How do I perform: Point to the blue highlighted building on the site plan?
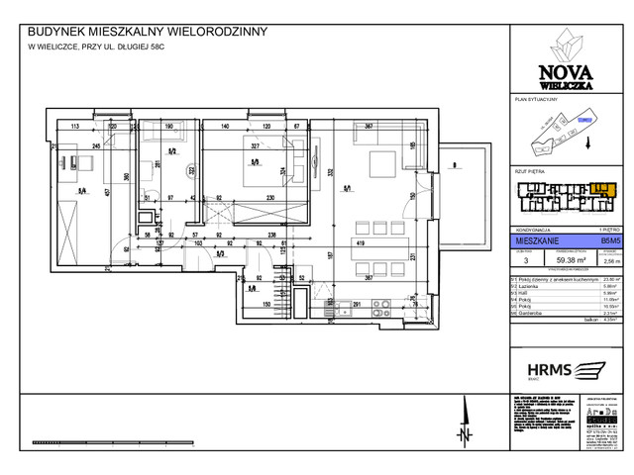pos(585,122)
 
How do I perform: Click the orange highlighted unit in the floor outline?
pos(600,187)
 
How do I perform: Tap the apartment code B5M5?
pos(607,239)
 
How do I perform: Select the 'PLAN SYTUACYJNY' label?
pos(537,101)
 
